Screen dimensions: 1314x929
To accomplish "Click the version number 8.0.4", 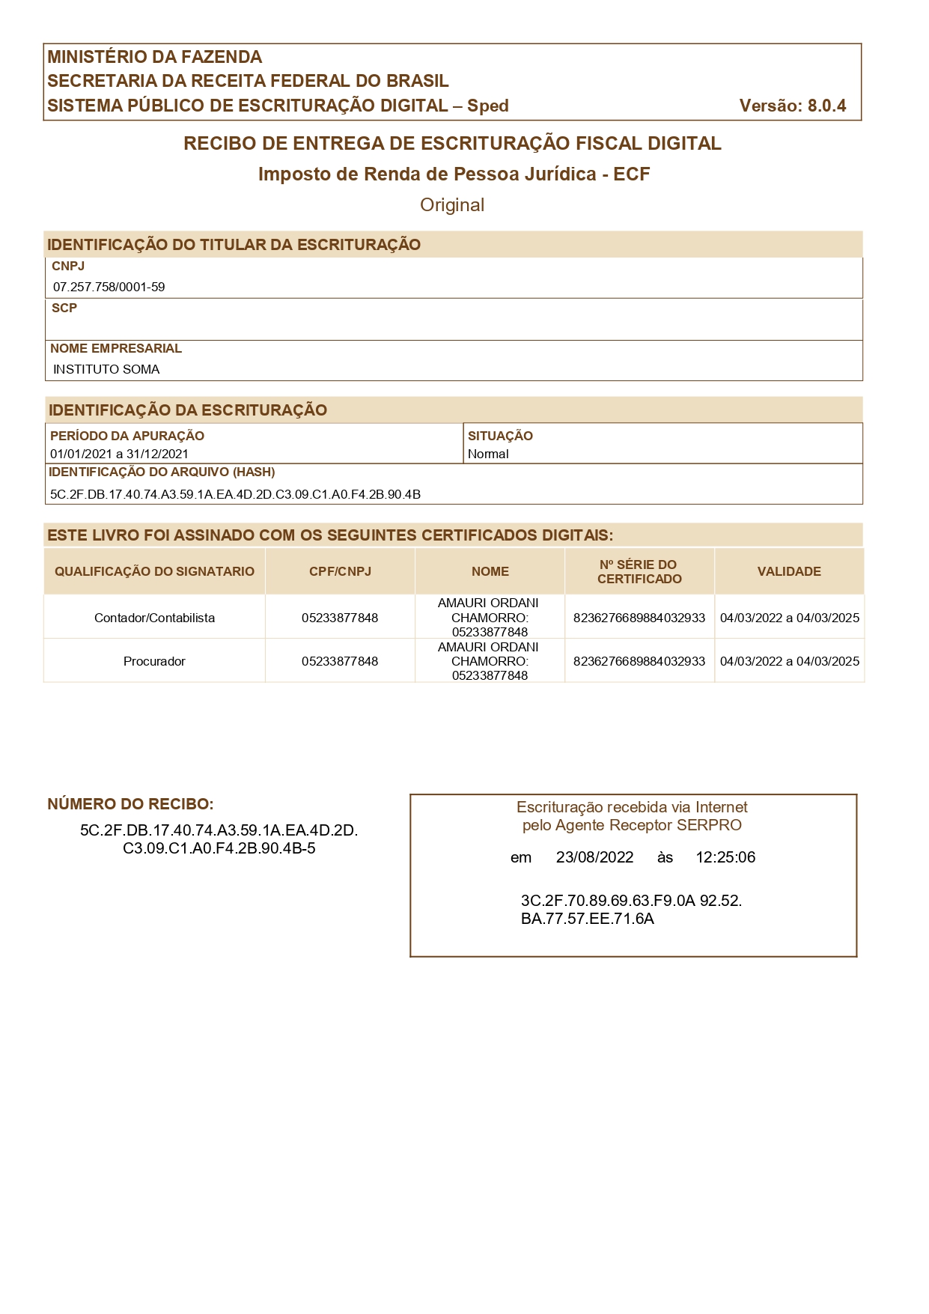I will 826,106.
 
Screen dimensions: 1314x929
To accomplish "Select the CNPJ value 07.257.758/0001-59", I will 109,287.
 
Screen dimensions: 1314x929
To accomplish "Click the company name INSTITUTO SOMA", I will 106,369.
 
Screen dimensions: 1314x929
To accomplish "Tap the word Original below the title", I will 452,205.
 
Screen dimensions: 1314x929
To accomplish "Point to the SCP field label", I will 64,308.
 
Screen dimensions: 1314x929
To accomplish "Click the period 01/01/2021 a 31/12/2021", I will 119,454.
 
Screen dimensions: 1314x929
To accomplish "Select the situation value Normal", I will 488,454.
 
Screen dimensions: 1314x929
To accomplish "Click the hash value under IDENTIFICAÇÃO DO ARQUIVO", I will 235,494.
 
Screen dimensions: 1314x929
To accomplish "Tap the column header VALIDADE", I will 789,571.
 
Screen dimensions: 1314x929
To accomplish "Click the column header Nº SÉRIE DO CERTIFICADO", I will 639,571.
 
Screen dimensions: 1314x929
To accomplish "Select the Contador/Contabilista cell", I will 154,618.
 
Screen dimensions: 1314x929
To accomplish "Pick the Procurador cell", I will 154,661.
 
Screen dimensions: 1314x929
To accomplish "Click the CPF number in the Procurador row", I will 340,661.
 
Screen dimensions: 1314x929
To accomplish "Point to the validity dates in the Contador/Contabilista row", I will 789,618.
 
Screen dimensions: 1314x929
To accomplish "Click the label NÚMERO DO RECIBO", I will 130,804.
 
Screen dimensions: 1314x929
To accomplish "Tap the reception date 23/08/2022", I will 594,857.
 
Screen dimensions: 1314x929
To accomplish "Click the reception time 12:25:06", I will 725,857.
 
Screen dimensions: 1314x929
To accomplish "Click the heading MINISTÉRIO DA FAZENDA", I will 155,57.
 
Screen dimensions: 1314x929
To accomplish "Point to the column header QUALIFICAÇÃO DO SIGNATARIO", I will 154,571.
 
